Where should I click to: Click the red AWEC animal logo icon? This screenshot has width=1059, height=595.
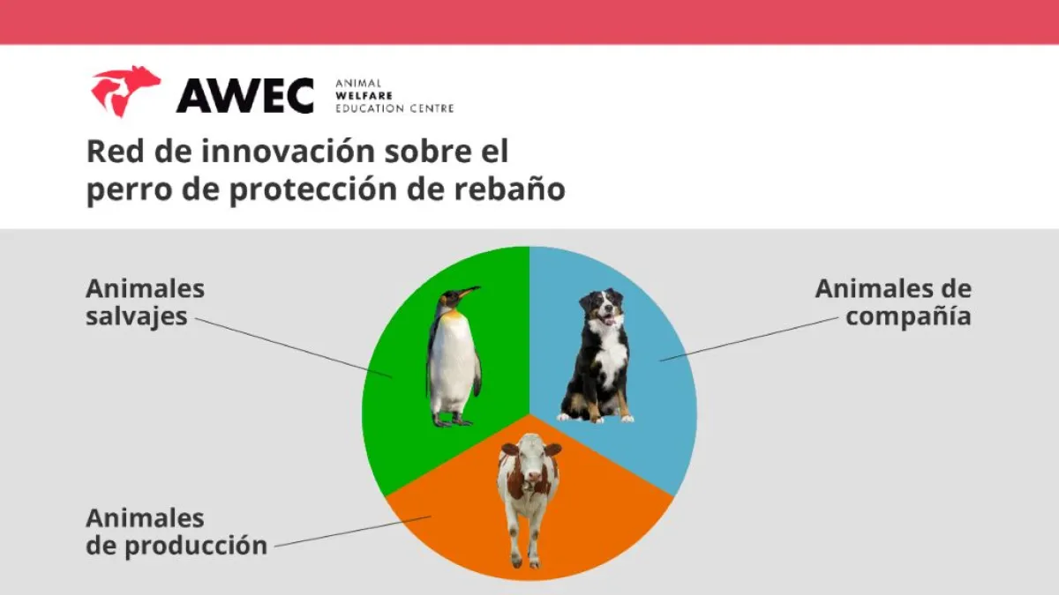click(125, 91)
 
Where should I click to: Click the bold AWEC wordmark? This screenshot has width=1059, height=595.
click(245, 95)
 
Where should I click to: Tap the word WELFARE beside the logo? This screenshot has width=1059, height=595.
click(364, 96)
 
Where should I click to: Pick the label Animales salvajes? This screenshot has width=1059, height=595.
click(145, 302)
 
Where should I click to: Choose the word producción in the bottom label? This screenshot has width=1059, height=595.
click(196, 547)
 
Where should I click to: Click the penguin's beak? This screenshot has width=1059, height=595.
click(469, 292)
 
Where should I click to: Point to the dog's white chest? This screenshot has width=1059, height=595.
click(610, 354)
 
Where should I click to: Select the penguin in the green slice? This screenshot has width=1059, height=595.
click(454, 356)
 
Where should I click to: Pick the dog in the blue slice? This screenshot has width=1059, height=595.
click(596, 355)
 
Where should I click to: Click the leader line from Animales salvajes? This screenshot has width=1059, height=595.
click(294, 348)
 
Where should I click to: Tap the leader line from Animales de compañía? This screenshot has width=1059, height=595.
click(749, 339)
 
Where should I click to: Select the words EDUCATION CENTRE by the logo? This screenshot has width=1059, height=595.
click(394, 108)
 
